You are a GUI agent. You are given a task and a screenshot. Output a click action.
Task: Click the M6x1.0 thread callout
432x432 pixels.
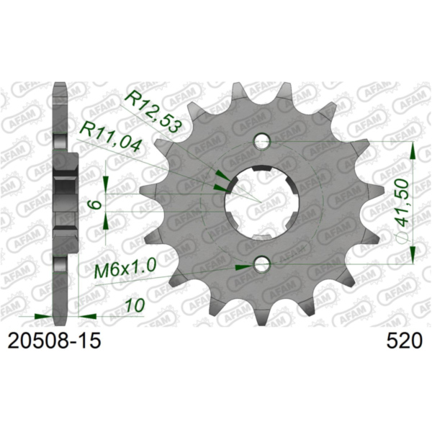pyautogui.click(x=126, y=271)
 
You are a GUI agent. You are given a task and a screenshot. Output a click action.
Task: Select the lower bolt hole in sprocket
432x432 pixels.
pyautogui.click(x=262, y=265)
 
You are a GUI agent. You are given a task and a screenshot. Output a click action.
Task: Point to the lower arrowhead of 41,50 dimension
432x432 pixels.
pyautogui.click(x=413, y=257)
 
